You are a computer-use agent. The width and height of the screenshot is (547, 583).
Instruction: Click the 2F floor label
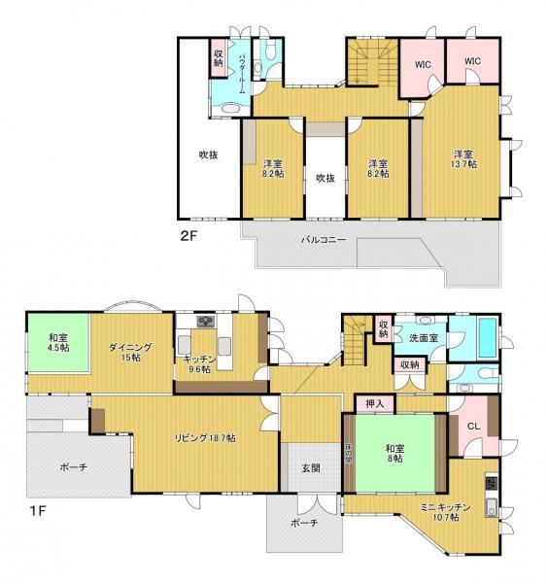(188, 236)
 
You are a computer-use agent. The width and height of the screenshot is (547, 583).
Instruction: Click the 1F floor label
(38, 510)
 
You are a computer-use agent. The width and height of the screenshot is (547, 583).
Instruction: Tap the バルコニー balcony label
(324, 239)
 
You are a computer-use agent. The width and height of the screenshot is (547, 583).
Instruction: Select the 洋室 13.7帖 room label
(463, 159)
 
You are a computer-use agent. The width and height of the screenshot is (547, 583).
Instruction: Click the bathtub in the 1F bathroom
(488, 337)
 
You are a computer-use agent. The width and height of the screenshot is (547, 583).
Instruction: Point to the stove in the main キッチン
(206, 322)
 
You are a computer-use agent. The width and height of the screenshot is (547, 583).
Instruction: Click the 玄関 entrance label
(311, 468)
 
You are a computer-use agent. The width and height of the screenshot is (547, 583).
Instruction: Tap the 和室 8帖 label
(395, 453)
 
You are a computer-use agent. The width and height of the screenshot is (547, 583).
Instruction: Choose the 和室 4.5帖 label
(58, 343)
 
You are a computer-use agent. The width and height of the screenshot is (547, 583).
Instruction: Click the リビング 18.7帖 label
(205, 438)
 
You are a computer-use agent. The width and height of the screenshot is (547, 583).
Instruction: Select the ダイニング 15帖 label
(130, 352)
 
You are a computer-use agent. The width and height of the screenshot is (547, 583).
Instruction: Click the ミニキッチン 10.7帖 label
(446, 512)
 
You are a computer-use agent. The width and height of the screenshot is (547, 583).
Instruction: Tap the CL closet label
(473, 427)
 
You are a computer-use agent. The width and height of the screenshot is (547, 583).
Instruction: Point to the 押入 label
(374, 403)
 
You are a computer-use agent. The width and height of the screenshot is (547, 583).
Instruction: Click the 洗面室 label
(424, 338)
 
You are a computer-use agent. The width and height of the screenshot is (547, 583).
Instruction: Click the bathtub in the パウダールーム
(231, 109)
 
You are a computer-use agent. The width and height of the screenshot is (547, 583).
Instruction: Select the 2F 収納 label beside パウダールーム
(219, 58)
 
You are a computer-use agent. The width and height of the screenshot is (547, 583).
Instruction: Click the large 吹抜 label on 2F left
(208, 154)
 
